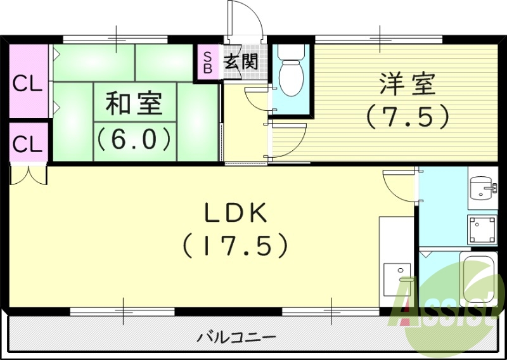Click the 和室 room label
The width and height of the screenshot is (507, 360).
(133, 104)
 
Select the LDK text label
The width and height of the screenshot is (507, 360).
(236, 214)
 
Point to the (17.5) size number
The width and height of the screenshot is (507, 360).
(236, 245)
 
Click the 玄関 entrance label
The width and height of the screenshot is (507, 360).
(241, 62)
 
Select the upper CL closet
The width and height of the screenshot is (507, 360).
(28, 82)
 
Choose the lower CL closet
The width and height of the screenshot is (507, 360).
(28, 144)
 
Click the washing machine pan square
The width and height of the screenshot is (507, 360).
(480, 229)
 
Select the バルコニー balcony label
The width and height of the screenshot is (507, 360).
(236, 336)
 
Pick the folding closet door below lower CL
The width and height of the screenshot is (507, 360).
(29, 174)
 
